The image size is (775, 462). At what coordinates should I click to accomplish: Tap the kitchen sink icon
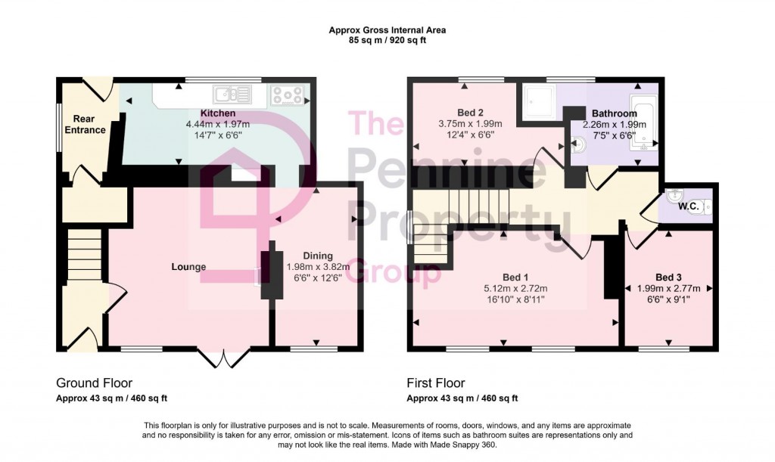232,95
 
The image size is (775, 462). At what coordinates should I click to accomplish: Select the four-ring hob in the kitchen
288,95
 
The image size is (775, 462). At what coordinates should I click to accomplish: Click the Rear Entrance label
89,124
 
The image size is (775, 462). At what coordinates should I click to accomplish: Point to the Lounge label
189,267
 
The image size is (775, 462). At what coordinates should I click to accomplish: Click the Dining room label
318,256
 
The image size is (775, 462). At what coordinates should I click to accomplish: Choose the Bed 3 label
668,277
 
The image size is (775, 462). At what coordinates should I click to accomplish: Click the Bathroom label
614,113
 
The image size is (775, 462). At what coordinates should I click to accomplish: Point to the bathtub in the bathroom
646,123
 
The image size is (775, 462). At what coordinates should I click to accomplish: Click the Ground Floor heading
94,383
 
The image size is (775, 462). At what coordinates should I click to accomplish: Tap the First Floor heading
436,383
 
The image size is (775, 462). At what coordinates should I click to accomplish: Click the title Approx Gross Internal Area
387,30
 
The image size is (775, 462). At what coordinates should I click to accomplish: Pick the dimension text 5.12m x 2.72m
515,288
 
